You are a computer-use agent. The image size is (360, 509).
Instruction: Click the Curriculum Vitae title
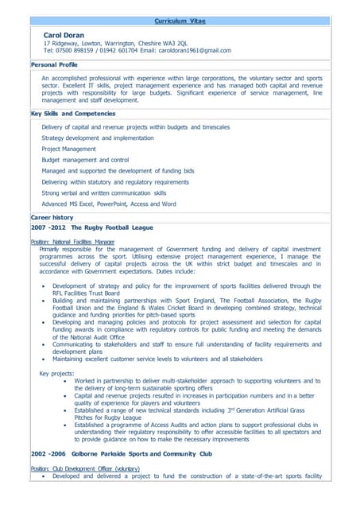pyautogui.click(x=180, y=21)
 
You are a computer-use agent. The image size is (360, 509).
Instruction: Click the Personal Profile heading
pyautogui.click(x=54, y=64)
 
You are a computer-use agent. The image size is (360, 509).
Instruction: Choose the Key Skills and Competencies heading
pyautogui.click(x=73, y=114)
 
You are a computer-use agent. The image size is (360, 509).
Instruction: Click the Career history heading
pyautogui.click(x=52, y=217)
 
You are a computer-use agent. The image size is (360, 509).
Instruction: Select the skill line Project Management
pyautogui.click(x=68, y=149)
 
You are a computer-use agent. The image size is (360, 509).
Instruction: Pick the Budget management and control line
pyautogui.click(x=85, y=160)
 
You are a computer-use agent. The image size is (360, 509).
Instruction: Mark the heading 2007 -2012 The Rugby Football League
pyautogui.click(x=91, y=227)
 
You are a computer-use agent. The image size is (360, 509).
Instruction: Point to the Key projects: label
pyautogui.click(x=56, y=373)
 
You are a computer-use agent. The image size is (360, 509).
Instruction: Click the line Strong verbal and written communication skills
pyautogui.click(x=104, y=192)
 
